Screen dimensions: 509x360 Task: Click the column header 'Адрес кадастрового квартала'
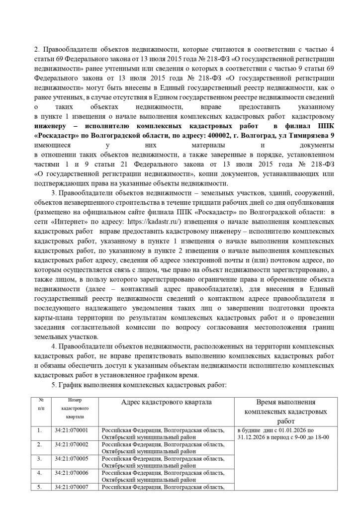166,402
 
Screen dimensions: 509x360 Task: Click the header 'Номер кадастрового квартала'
72,408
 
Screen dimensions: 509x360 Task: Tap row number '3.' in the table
40,458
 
